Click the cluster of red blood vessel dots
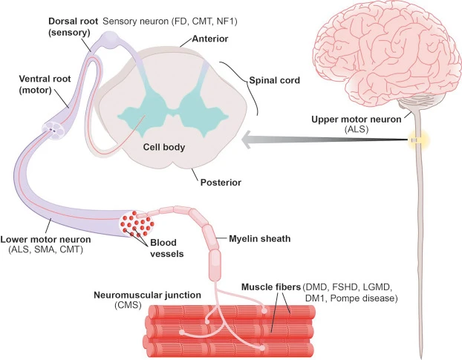(x=137, y=221)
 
